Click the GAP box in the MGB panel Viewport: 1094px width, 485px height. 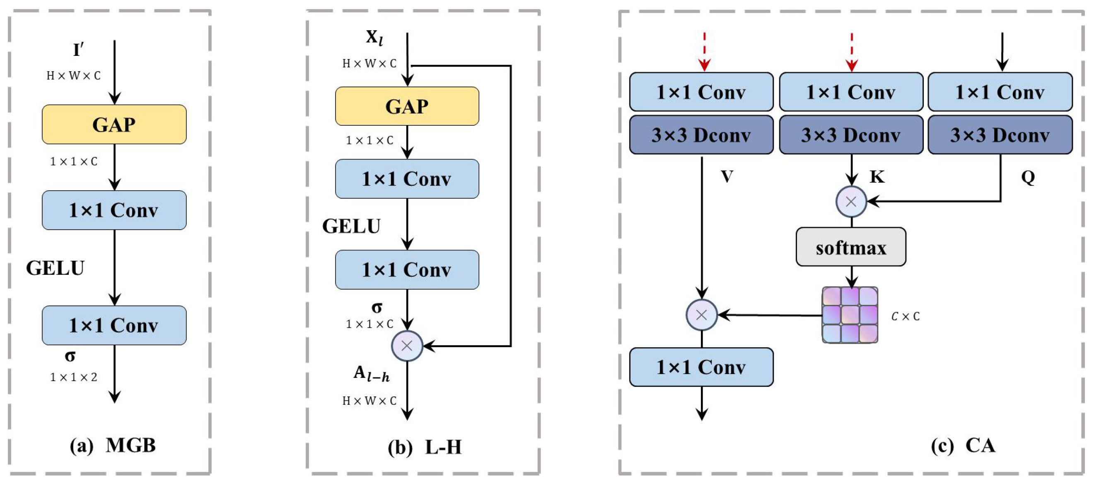114,124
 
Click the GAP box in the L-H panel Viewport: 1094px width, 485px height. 407,106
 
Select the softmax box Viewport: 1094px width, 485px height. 851,247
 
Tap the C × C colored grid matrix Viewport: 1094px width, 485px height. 850,315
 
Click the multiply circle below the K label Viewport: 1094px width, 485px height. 851,202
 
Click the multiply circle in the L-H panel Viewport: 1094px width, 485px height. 407,346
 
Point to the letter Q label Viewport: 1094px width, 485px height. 1028,177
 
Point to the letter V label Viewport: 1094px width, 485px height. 727,177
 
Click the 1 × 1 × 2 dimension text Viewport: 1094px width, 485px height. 73,377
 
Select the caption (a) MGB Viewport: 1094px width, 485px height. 113,446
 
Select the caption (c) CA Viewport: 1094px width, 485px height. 963,446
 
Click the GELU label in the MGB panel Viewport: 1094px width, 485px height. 55,268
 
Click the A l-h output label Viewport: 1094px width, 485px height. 371,374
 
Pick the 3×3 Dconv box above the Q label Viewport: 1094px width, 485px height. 1000,135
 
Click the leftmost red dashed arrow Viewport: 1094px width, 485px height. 704,51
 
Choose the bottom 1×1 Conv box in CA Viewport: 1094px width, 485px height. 701,367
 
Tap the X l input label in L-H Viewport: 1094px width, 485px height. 374,38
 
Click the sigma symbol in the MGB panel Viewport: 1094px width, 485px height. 70,356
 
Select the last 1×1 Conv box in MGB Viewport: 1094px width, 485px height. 114,325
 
